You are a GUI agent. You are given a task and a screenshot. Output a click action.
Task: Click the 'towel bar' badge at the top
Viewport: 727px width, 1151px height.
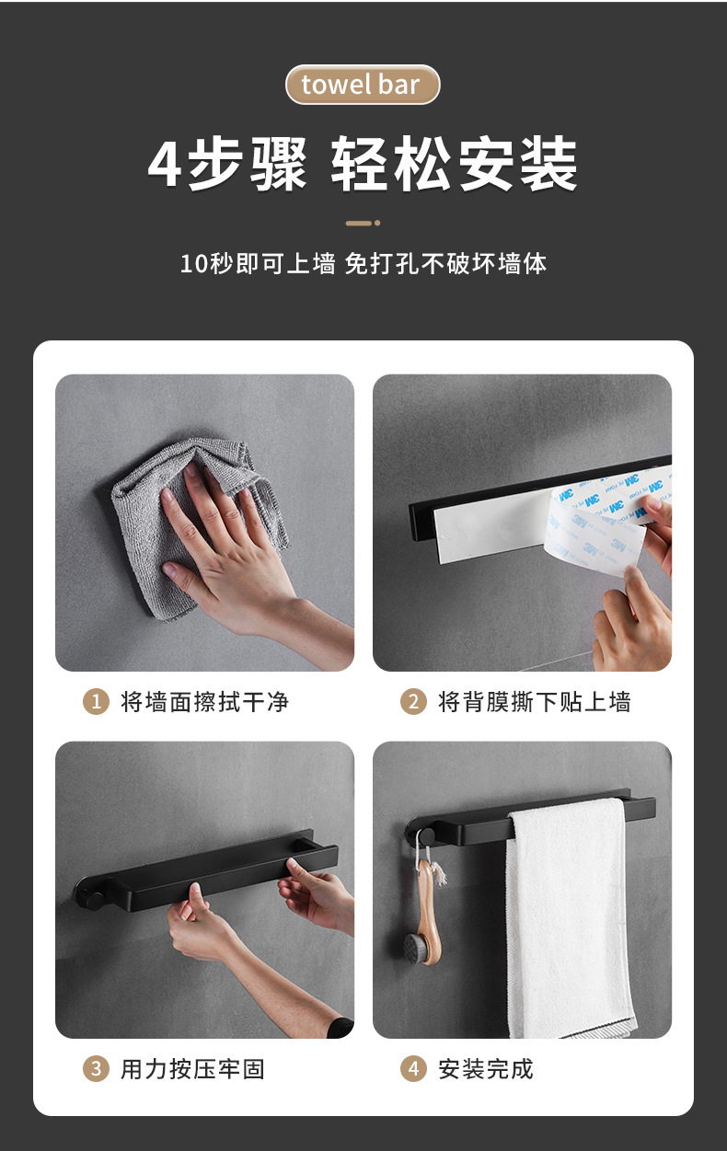(x=363, y=85)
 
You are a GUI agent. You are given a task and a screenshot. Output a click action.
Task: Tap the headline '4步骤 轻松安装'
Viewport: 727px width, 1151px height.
(x=363, y=165)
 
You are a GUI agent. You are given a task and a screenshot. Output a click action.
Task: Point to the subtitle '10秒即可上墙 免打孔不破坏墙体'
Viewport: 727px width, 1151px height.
(x=363, y=264)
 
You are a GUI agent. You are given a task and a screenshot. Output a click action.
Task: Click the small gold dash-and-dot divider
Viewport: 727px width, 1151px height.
(x=363, y=223)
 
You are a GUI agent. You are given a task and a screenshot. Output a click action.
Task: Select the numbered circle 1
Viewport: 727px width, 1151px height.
(x=96, y=702)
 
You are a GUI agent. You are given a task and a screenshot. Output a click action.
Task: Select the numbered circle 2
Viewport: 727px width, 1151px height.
(x=413, y=702)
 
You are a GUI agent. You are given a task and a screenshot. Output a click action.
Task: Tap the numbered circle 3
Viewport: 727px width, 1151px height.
(x=96, y=1069)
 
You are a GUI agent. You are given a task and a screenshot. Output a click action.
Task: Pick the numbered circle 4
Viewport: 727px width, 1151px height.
(x=413, y=1069)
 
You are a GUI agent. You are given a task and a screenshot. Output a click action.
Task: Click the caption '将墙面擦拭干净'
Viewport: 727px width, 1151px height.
(x=204, y=702)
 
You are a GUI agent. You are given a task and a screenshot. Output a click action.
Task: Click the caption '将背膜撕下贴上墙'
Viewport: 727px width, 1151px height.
(x=535, y=702)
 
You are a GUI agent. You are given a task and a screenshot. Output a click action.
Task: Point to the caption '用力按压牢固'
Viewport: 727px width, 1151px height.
(x=192, y=1069)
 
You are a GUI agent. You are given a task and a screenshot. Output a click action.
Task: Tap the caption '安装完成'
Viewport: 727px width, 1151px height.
(x=486, y=1069)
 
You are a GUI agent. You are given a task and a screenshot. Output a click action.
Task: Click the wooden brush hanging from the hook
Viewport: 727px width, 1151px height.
(x=425, y=910)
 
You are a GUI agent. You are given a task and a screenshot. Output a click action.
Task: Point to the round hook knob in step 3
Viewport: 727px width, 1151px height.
(x=94, y=902)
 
